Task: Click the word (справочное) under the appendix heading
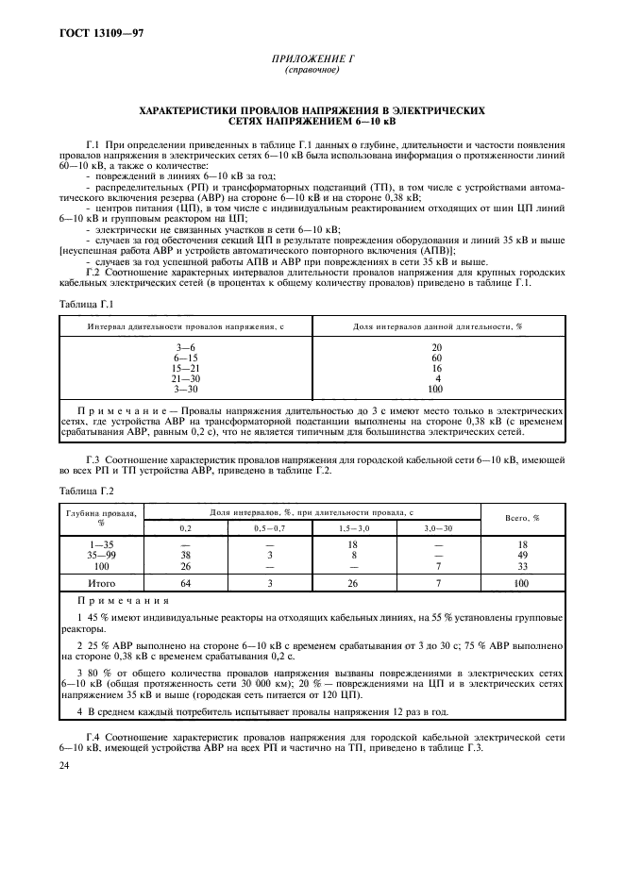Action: pyautogui.click(x=312, y=71)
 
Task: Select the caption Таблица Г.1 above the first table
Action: pyautogui.click(x=86, y=305)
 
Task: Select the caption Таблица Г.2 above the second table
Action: pyautogui.click(x=86, y=491)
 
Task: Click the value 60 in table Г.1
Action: pyautogui.click(x=436, y=358)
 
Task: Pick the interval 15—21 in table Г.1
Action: pyautogui.click(x=186, y=369)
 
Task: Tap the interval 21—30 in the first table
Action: pyautogui.click(x=186, y=378)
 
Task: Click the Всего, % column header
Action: pyautogui.click(x=522, y=518)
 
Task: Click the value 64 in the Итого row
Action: pyautogui.click(x=185, y=584)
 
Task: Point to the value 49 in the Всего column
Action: pyautogui.click(x=522, y=556)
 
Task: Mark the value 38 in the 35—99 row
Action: pyautogui.click(x=185, y=556)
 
